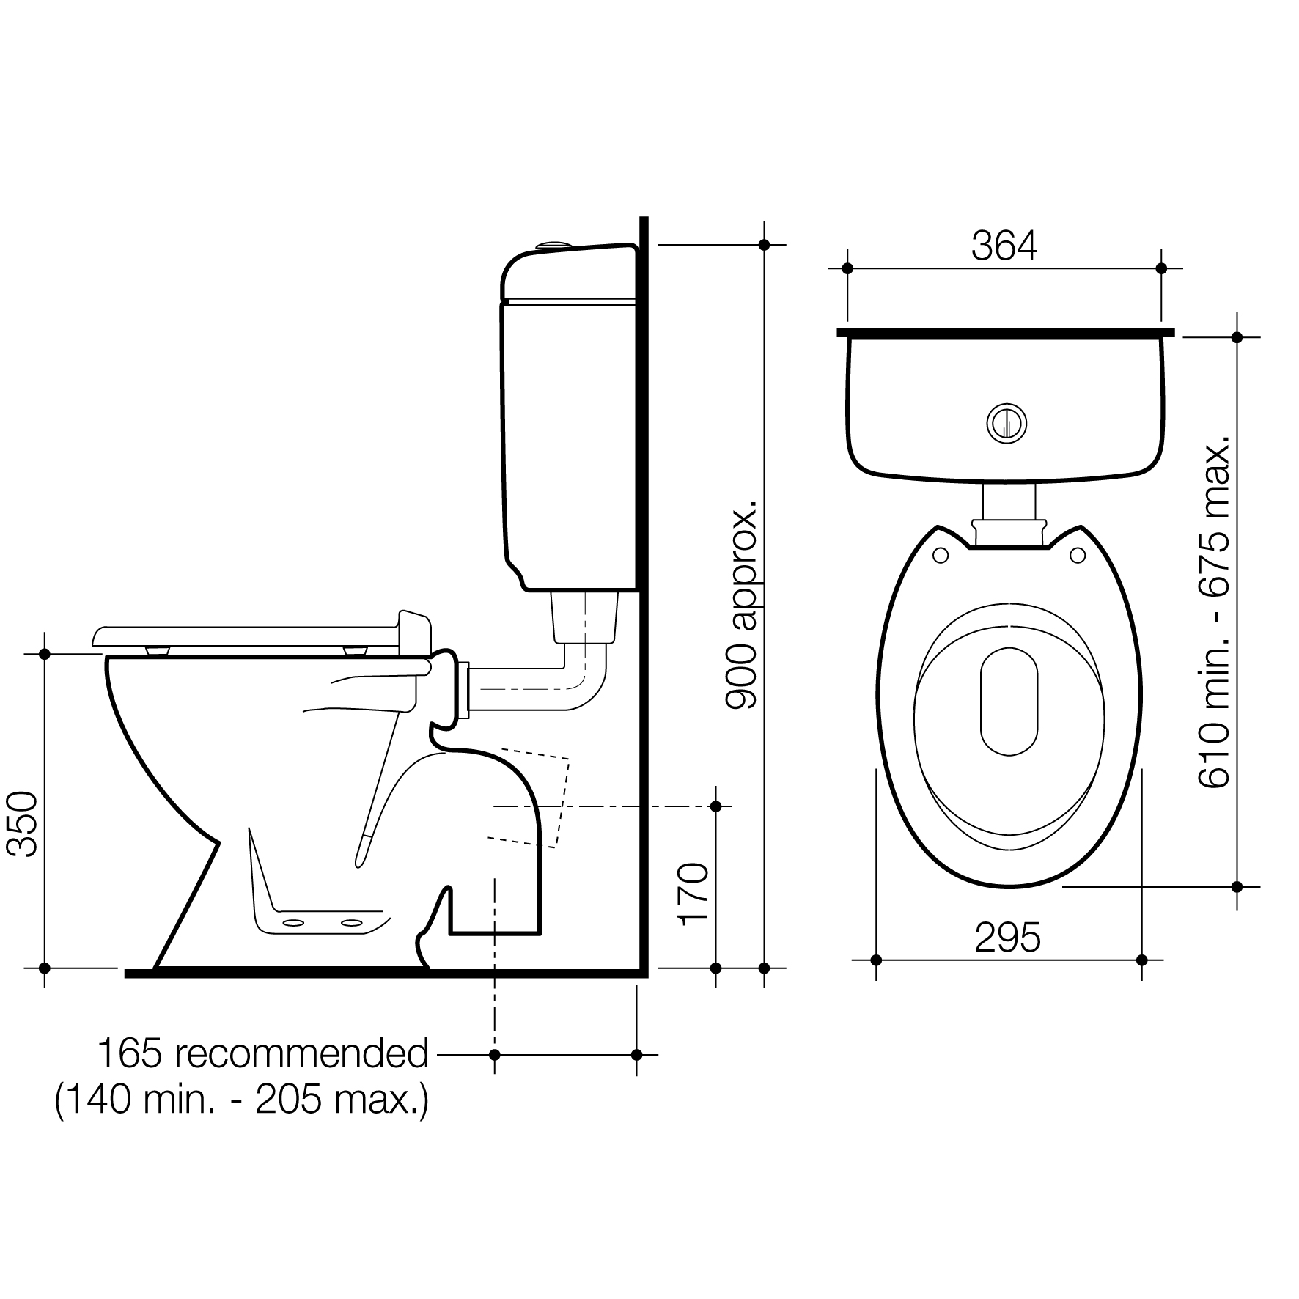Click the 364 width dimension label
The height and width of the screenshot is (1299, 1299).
[1004, 246]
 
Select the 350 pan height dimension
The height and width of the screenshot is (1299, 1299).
[22, 824]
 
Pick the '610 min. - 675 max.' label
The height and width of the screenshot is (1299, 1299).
[1215, 612]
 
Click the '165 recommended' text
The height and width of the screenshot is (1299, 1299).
[263, 1054]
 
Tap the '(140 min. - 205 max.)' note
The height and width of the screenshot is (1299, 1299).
[242, 1100]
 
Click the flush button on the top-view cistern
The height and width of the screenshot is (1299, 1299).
[1007, 423]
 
